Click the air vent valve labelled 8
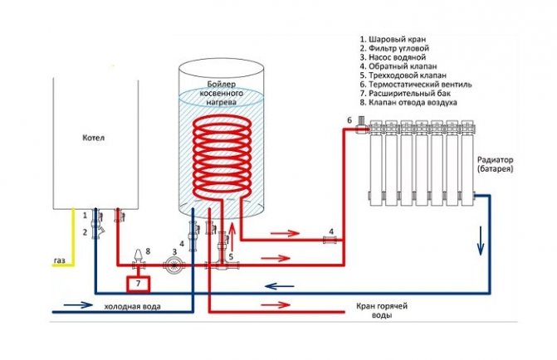pyautogui.click(x=139, y=255)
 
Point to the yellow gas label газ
pyautogui.click(x=59, y=260)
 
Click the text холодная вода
pyautogui.click(x=132, y=307)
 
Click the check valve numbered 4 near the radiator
pyautogui.click(x=329, y=241)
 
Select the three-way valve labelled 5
pyautogui.click(x=222, y=264)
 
